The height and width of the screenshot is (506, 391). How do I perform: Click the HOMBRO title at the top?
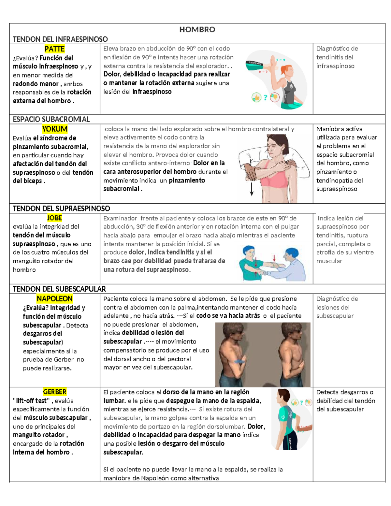pyautogui.click(x=197, y=30)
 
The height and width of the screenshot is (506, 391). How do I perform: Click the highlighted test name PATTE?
pyautogui.click(x=54, y=49)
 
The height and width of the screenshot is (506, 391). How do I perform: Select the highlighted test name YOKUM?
pyautogui.click(x=55, y=129)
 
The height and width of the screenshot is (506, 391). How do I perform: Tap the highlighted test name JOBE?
pyautogui.click(x=54, y=218)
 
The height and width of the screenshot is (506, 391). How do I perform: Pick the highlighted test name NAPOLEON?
pyautogui.click(x=54, y=298)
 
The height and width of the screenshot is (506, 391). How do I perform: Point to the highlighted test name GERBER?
pyautogui.click(x=54, y=392)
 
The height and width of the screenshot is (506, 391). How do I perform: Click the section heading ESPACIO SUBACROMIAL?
pyautogui.click(x=51, y=119)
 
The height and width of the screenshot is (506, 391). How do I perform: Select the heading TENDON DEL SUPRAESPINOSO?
pyautogui.click(x=61, y=209)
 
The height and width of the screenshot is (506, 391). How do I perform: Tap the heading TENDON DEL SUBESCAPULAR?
pyautogui.click(x=59, y=289)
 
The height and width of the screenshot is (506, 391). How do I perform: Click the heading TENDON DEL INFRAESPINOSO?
pyautogui.click(x=60, y=39)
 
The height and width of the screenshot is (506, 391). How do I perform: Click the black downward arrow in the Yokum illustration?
pyautogui.click(x=252, y=189)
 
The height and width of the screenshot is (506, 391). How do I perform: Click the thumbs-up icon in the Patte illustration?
pyautogui.click(x=256, y=97)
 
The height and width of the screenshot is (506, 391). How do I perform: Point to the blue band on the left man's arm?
pyautogui.click(x=240, y=361)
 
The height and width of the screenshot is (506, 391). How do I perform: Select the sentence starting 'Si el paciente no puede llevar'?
pyautogui.click(x=193, y=470)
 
